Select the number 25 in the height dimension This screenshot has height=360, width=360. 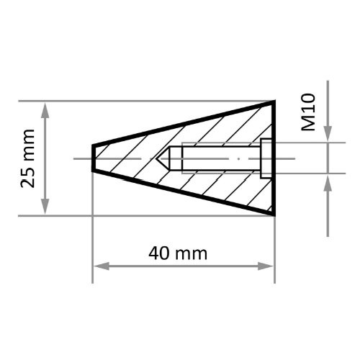(28, 176)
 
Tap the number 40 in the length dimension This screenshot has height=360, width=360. (160, 253)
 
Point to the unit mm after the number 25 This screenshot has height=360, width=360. (28, 145)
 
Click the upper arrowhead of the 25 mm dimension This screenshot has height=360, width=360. (45, 108)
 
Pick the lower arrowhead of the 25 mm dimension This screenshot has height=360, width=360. (45, 208)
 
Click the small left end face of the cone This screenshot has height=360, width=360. (93, 158)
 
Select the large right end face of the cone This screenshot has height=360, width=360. (274, 158)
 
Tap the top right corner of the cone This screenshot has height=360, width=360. (274, 102)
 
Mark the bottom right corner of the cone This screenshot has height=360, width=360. (274, 215)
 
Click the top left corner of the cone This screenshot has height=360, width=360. (93, 145)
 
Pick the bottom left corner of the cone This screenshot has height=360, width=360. (93, 172)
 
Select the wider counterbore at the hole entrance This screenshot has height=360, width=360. (265, 158)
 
